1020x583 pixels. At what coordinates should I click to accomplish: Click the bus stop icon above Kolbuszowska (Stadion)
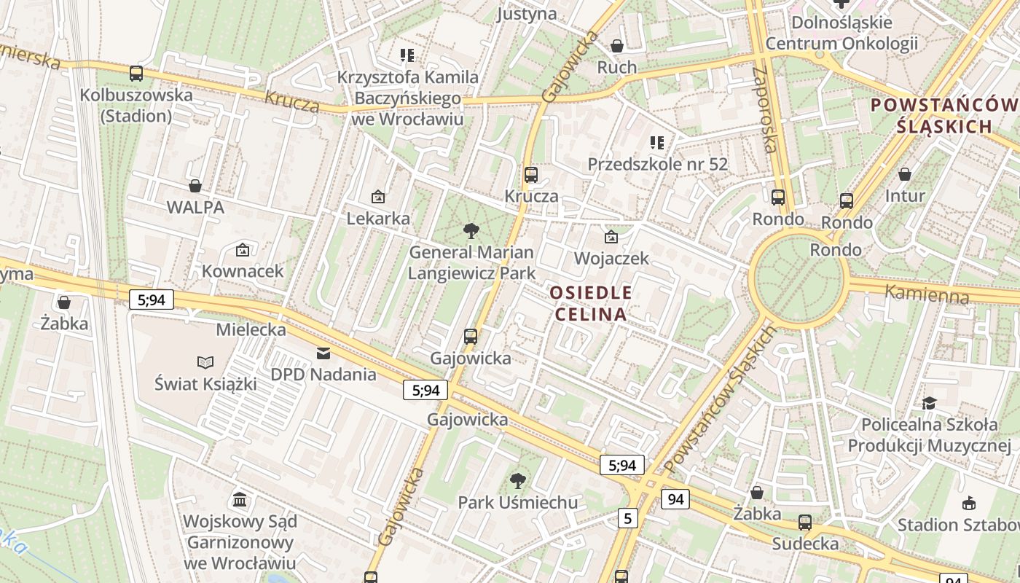click(x=136, y=73)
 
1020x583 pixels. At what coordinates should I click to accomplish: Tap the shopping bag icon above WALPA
click(x=195, y=185)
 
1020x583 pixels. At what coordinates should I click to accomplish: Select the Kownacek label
click(x=243, y=271)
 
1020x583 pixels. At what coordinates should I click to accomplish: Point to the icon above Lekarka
click(x=378, y=197)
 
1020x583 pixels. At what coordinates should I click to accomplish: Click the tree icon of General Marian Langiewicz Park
click(x=471, y=231)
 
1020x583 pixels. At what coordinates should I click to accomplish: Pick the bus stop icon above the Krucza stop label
click(x=531, y=175)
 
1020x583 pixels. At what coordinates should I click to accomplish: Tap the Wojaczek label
click(x=611, y=258)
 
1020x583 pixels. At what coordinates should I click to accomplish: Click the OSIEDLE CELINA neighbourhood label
click(x=591, y=303)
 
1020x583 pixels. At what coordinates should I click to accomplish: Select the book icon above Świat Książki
click(x=206, y=362)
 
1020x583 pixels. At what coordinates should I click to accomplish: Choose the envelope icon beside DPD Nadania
click(x=323, y=353)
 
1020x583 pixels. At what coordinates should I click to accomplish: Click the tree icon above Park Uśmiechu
click(x=518, y=480)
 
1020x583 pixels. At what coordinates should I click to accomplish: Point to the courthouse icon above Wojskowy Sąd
click(x=240, y=499)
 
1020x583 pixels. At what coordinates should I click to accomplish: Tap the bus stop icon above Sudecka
click(x=805, y=522)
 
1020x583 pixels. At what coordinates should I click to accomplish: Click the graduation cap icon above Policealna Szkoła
click(x=930, y=403)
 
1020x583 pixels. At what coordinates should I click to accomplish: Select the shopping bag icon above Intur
click(x=905, y=174)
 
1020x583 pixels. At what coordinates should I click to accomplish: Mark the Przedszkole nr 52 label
click(x=657, y=164)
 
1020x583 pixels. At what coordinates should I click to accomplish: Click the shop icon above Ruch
click(x=617, y=46)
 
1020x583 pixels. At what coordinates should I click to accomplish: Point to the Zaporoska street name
click(x=768, y=109)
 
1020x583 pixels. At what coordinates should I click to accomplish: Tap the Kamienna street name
click(x=927, y=294)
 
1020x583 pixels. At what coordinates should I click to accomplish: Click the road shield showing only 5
click(x=627, y=518)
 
